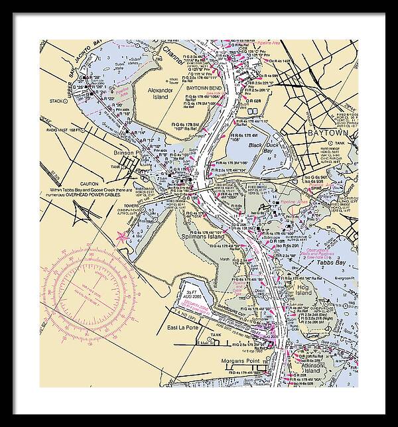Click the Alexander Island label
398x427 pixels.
pyautogui.click(x=159, y=92)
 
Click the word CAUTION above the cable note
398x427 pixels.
pyautogui.click(x=90, y=184)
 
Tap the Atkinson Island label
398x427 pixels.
pyautogui.click(x=308, y=357)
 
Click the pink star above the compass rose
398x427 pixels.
pyautogui.click(x=121, y=235)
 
